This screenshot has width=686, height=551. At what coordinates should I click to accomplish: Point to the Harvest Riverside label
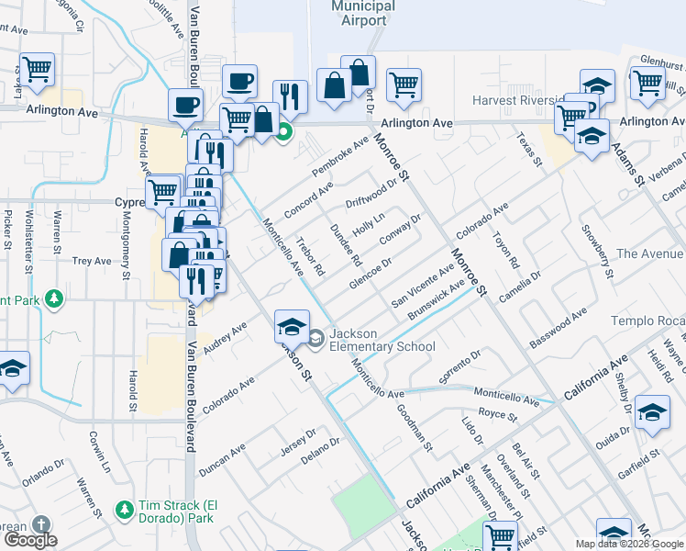[514, 100]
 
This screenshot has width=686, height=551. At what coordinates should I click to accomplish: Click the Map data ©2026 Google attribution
[629, 544]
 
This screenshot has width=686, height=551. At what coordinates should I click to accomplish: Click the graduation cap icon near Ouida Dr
[652, 413]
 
